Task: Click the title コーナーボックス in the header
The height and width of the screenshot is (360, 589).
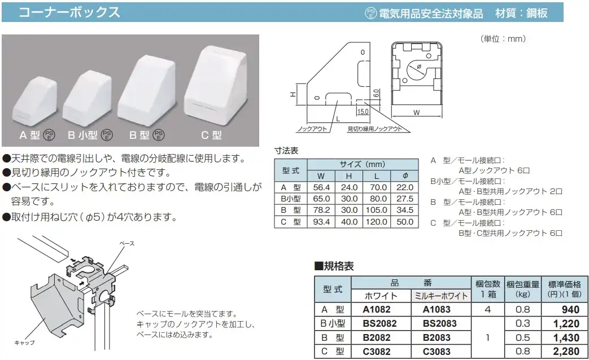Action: pyautogui.click(x=69, y=12)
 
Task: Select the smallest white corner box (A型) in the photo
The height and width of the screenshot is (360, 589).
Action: pyautogui.click(x=34, y=101)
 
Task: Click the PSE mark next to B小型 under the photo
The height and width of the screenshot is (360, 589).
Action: pyautogui.click(x=107, y=135)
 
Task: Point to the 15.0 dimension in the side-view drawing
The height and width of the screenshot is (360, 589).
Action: pyautogui.click(x=363, y=112)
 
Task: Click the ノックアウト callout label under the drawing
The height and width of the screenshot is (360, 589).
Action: pyautogui.click(x=312, y=129)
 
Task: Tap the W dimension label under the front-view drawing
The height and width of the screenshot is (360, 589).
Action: pyautogui.click(x=416, y=112)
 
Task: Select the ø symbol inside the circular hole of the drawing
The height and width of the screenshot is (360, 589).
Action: pyautogui.click(x=419, y=67)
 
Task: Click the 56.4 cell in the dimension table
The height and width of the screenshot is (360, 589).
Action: pyautogui.click(x=321, y=187)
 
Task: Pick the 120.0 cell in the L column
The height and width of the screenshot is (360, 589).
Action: pyautogui.click(x=377, y=222)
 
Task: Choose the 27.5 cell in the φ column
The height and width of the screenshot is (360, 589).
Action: pyautogui.click(x=404, y=199)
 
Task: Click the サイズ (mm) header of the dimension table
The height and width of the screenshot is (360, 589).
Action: pyautogui.click(x=363, y=164)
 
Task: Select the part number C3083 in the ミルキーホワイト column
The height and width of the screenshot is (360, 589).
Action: pyautogui.click(x=437, y=352)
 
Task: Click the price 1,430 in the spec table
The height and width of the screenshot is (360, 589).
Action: pyautogui.click(x=566, y=338)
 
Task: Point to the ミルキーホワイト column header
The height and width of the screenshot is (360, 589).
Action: pyautogui.click(x=441, y=296)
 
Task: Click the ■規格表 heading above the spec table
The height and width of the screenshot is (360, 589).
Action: pyautogui.click(x=334, y=266)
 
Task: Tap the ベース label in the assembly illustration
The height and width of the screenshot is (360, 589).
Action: pyautogui.click(x=127, y=243)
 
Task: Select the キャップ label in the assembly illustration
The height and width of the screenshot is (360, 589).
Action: pyautogui.click(x=24, y=343)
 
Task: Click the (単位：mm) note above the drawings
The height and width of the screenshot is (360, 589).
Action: pyautogui.click(x=503, y=39)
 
